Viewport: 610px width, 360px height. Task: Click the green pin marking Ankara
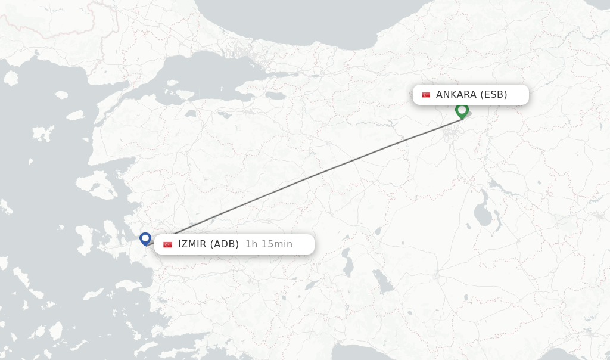[462, 110]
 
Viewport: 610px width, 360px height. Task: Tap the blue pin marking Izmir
[145, 238]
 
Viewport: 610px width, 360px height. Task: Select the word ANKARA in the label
[456, 94]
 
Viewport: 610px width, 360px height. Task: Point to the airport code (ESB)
[494, 94]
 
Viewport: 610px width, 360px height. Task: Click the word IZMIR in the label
[192, 244]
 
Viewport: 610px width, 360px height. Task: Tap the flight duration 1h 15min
[269, 244]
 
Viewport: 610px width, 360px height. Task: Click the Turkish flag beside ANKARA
[426, 95]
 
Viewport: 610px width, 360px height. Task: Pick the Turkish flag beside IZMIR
[168, 244]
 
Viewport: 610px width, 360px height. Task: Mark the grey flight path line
[310, 176]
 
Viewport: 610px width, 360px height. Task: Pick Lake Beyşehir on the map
[382, 280]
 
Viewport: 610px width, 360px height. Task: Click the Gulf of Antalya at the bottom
[357, 352]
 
